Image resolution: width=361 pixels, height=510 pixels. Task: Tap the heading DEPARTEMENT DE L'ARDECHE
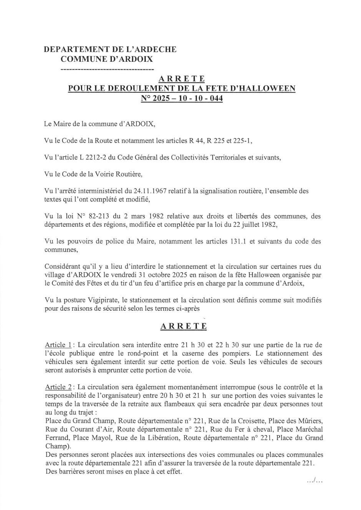coord(110,49)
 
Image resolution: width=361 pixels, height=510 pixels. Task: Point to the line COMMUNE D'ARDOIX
coord(106,59)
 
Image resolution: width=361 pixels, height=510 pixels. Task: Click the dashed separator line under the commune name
coord(107,69)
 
